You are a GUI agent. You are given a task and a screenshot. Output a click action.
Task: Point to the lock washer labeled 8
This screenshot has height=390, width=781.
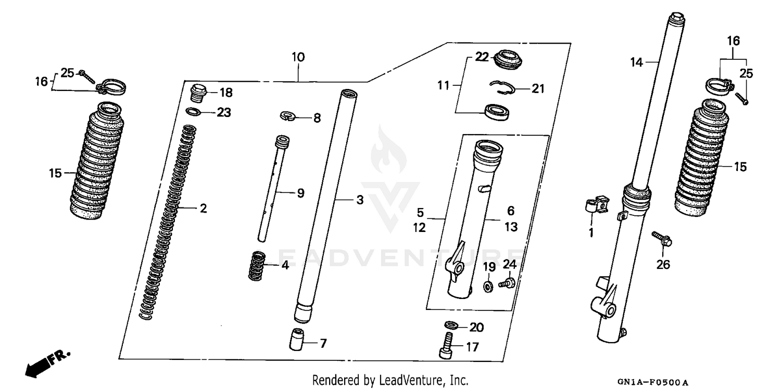click(287, 116)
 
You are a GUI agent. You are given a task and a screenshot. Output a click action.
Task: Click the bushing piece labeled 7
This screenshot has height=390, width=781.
click(297, 340)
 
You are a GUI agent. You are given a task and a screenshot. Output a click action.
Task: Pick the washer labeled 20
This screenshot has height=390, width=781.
click(451, 326)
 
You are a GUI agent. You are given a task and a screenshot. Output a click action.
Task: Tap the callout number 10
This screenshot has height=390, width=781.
click(298, 57)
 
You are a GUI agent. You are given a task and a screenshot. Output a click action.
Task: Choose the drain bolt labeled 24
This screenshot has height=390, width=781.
click(506, 283)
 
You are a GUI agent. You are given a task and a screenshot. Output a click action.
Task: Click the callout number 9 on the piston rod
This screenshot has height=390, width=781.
click(300, 193)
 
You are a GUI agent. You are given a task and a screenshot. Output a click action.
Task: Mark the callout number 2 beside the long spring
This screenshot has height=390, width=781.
click(203, 209)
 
